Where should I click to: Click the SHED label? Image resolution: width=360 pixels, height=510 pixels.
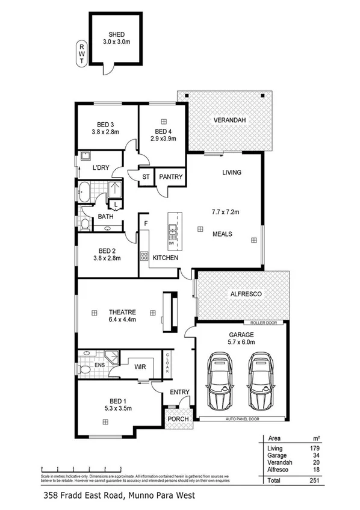(x=116, y=34)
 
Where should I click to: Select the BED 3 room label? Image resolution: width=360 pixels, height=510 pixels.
(x=104, y=125)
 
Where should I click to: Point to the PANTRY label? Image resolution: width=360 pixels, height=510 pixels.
(x=170, y=177)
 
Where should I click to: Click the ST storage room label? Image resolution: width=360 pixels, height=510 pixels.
(x=146, y=177)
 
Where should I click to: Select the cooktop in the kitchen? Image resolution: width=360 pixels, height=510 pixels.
(x=144, y=255)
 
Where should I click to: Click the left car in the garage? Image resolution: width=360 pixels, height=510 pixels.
(x=218, y=381)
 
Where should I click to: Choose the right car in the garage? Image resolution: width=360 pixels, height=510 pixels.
(x=260, y=381)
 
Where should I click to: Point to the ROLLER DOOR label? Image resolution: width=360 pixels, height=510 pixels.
(x=264, y=323)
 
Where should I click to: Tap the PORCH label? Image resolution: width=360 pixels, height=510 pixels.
(x=178, y=419)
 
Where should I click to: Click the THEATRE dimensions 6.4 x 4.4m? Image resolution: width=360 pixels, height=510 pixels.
(x=122, y=320)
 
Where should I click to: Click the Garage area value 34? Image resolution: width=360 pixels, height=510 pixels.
(x=313, y=456)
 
